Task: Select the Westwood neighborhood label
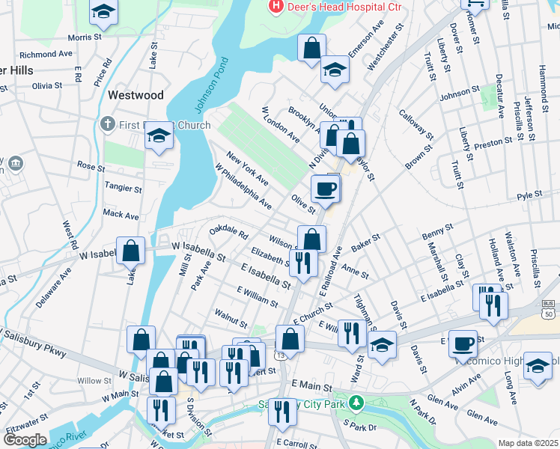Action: [136, 95]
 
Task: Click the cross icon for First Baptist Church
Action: [108, 124]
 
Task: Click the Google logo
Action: [25, 440]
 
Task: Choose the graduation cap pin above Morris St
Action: [103, 12]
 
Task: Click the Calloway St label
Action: [416, 123]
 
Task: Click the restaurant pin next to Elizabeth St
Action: [303, 262]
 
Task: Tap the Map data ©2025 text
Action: [528, 443]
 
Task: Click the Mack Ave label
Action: [121, 215]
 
